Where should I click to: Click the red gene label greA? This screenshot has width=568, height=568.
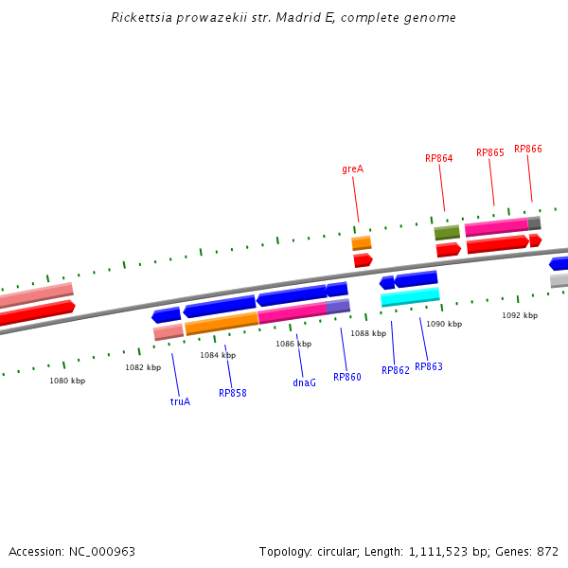352,169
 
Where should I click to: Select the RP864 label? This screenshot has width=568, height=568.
438,158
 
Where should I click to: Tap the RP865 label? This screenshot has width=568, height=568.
489,152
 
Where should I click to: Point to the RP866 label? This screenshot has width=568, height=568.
527,149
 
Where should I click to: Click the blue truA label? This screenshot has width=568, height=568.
180,401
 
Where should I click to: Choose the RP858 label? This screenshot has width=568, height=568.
232,393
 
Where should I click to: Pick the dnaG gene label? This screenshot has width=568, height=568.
304,383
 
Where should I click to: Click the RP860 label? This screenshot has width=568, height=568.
346,377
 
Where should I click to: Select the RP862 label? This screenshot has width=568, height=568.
395,370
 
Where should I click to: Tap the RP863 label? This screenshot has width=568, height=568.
428,366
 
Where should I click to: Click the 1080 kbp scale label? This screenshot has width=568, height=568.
67,381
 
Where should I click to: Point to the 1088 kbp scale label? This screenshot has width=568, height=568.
368,333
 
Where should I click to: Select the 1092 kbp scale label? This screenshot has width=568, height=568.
519,315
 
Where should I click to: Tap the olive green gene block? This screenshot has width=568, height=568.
447,232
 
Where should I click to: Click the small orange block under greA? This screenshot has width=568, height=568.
362,243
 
